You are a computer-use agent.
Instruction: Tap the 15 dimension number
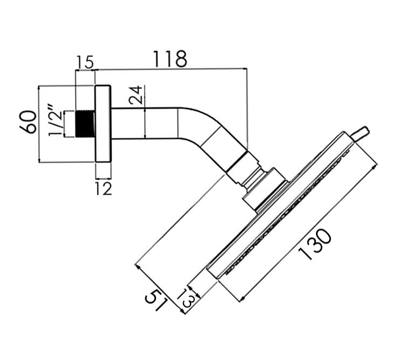coord(84,62)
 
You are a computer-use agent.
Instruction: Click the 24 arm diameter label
coord(137,95)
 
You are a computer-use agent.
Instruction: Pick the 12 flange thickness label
coord(103,188)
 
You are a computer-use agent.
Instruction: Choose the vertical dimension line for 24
coord(146,123)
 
